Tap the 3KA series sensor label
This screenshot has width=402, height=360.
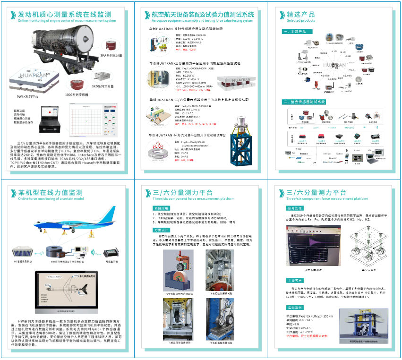(x=111, y=55)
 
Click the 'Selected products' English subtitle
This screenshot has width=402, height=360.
(x=300, y=21)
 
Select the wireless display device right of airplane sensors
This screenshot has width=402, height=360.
(x=112, y=251)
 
